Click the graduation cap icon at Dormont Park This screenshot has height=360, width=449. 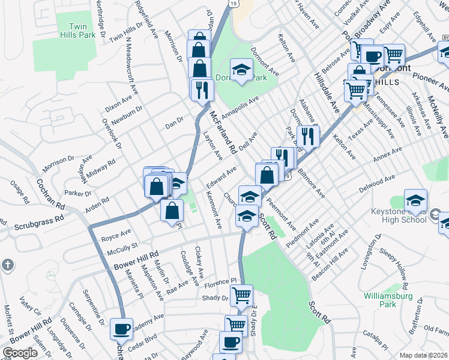241,70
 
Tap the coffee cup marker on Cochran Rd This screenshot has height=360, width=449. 121,329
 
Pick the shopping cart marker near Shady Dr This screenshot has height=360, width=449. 241,295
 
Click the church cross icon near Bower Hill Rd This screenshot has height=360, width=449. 7,265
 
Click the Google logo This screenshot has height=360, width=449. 20,353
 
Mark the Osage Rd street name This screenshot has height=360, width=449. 19,193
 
